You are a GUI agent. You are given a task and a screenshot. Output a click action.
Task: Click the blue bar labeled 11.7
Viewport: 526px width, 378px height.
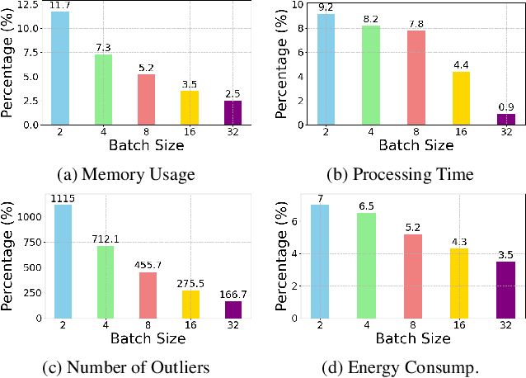click(x=59, y=69)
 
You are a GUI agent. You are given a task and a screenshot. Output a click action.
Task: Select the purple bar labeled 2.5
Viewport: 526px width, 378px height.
click(x=233, y=112)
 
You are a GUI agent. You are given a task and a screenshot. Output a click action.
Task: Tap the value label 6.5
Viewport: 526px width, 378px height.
click(x=366, y=206)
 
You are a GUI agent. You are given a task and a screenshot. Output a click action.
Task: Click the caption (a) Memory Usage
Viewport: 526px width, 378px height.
click(x=125, y=174)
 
